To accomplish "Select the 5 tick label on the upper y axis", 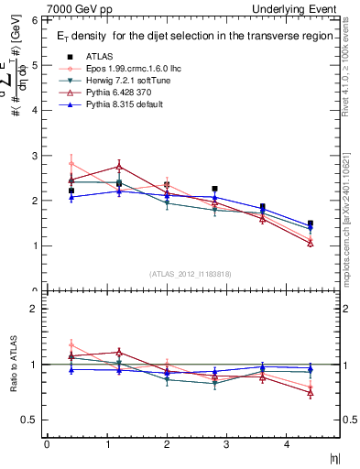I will click(x=34, y=65).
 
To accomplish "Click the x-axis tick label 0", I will click(x=47, y=444).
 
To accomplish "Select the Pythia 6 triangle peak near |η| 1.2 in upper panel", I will click(x=119, y=167).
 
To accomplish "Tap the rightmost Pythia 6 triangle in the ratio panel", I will click(x=311, y=392).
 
